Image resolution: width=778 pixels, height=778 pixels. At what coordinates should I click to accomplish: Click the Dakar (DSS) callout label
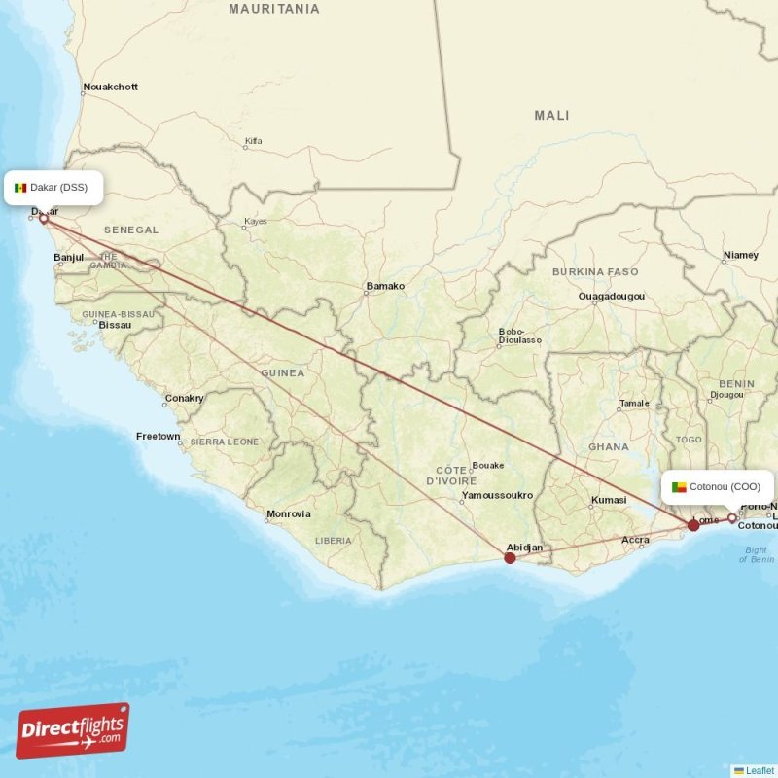click(53, 187)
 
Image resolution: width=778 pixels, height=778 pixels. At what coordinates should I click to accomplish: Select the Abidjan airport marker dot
click(510, 558)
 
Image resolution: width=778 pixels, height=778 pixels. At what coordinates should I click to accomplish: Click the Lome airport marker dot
click(693, 525)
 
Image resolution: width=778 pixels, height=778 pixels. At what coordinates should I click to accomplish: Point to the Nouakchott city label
click(110, 87)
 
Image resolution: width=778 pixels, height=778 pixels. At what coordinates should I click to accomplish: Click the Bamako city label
click(384, 286)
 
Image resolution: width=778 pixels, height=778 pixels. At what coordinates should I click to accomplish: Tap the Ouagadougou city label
click(611, 296)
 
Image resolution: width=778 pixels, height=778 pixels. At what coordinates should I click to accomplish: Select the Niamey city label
click(740, 255)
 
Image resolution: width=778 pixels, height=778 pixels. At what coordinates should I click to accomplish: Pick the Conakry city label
click(184, 398)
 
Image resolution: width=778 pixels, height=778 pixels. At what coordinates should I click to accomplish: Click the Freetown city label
click(158, 436)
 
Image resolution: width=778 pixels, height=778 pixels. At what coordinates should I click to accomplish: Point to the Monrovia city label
click(289, 513)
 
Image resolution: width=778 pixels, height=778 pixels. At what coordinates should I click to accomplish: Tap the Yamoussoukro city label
click(498, 495)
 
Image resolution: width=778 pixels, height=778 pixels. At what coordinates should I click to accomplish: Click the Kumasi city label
click(608, 501)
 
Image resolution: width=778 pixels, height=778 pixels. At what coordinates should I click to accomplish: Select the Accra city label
click(635, 540)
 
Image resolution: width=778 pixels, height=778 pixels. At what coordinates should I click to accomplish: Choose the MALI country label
click(551, 115)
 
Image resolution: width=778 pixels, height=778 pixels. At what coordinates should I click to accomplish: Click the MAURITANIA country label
click(273, 9)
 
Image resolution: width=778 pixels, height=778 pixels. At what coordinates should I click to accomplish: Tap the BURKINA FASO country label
click(595, 271)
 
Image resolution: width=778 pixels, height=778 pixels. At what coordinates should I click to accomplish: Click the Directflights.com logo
click(73, 730)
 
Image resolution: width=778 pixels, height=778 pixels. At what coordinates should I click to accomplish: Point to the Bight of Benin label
click(756, 555)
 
